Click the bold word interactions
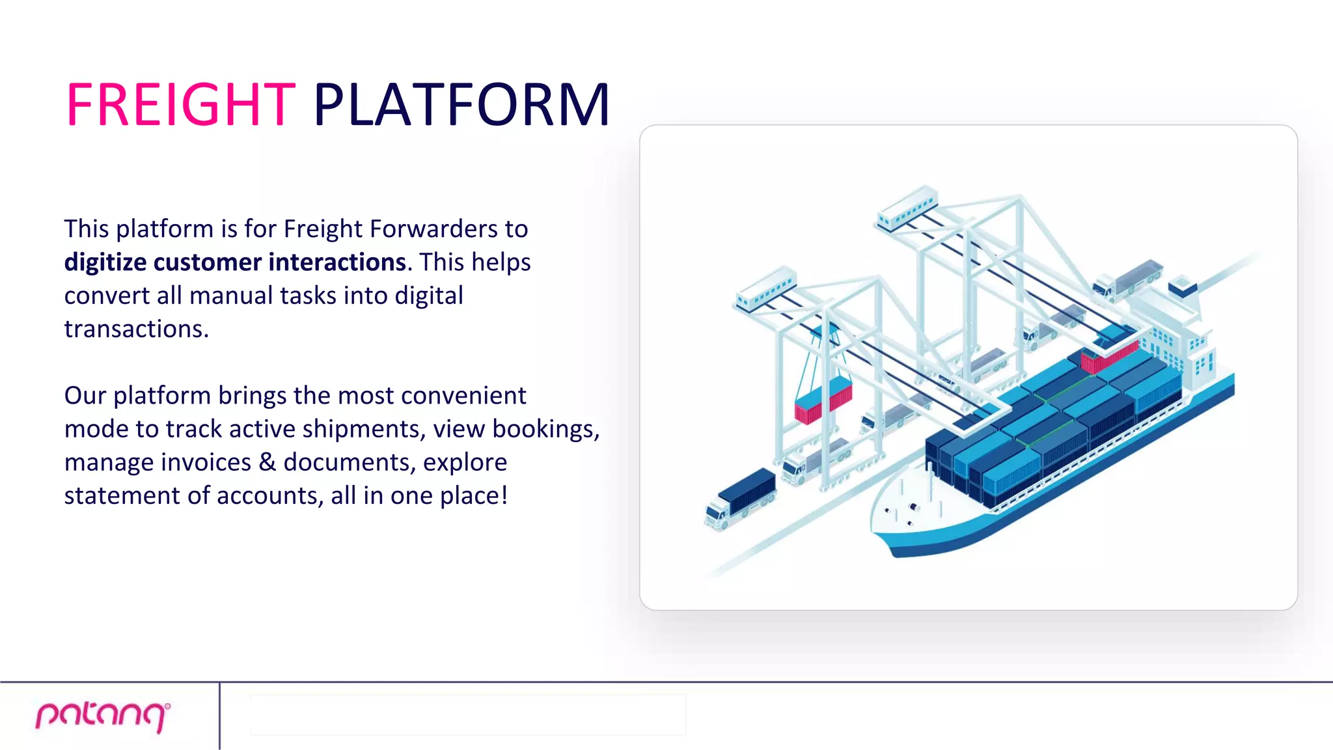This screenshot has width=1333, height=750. pos(337,262)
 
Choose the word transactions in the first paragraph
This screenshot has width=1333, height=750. pos(136,329)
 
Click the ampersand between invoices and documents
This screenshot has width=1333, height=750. pos(267,462)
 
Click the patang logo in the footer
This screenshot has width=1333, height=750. pos(103,715)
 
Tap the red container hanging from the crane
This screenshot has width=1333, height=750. pos(823,401)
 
